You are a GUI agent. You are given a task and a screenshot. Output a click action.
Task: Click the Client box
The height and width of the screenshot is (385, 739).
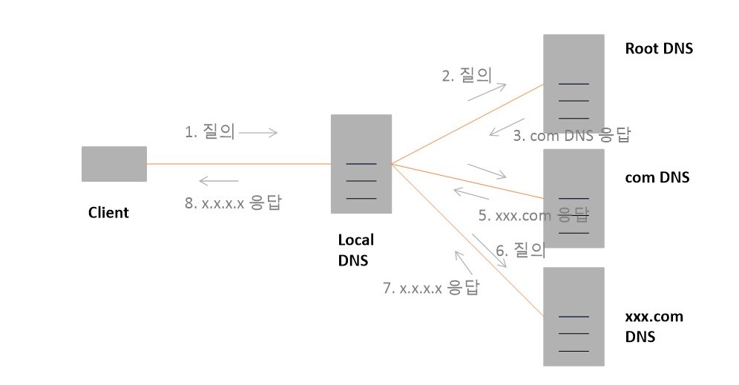114,164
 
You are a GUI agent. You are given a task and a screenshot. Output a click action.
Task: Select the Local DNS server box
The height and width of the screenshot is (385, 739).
361,164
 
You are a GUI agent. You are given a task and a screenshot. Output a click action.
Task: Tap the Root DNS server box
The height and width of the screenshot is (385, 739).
573,82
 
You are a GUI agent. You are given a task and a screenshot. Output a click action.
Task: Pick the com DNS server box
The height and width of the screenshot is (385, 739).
573,198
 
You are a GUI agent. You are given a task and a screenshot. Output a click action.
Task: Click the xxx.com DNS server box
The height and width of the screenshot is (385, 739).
573,316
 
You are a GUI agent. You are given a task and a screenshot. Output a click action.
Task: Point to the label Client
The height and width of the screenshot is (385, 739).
108,213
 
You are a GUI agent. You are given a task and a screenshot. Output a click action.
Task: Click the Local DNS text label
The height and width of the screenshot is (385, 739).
356,250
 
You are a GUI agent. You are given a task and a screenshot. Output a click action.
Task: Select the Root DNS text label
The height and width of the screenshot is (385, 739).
659,50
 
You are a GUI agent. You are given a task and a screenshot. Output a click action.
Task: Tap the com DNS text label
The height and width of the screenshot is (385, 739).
657,177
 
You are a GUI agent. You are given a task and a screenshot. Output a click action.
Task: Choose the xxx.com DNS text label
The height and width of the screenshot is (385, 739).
654,326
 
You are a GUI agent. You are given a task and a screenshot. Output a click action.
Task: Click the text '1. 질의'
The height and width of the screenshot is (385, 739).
209,132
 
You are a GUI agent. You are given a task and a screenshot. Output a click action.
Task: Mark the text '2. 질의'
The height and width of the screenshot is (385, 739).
467,75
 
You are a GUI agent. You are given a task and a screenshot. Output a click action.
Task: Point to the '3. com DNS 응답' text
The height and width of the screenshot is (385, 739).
571,136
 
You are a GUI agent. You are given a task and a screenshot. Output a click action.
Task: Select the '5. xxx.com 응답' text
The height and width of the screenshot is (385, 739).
533,215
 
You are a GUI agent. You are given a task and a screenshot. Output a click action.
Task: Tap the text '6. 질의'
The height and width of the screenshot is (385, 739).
520,251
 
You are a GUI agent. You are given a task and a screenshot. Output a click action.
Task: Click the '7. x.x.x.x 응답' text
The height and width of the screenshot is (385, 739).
430,288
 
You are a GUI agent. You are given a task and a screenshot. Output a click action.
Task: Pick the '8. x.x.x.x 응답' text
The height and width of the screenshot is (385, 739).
233,203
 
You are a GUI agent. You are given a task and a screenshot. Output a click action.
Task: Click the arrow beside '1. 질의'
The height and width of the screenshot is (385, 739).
258,133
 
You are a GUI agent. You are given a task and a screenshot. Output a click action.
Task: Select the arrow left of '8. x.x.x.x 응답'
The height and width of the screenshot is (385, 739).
219,181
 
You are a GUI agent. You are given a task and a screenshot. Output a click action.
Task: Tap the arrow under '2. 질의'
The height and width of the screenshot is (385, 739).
487,91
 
